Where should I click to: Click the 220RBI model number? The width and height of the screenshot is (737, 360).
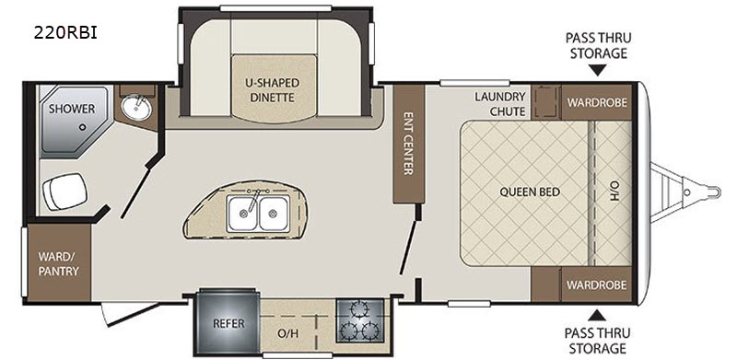click(x=65, y=33)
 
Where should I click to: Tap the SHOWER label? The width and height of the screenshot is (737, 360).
click(x=72, y=109)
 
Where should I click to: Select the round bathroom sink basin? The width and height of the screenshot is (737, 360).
click(x=136, y=108)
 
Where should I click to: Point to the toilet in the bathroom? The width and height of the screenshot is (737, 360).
click(x=64, y=192)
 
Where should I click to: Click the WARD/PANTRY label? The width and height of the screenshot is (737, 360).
click(x=58, y=264)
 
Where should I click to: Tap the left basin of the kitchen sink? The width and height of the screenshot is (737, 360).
click(x=242, y=214)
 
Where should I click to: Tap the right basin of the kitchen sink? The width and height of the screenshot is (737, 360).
click(x=273, y=214)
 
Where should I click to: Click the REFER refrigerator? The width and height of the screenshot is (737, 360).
click(x=228, y=323)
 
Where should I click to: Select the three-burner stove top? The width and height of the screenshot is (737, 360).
click(x=360, y=320)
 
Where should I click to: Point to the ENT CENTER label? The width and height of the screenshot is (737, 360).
click(x=408, y=143)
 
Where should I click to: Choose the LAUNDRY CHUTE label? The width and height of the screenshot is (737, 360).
click(x=499, y=104)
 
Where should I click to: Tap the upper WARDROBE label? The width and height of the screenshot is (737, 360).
click(x=597, y=102)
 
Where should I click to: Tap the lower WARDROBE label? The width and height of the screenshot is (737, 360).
click(x=596, y=285)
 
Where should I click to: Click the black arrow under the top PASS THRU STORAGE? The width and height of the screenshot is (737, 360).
click(x=597, y=71)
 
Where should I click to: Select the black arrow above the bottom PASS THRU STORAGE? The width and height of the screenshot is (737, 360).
click(x=597, y=315)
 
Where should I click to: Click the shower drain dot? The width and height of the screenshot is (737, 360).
click(x=83, y=127)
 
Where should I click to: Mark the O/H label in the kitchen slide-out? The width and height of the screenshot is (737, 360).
click(x=287, y=334)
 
